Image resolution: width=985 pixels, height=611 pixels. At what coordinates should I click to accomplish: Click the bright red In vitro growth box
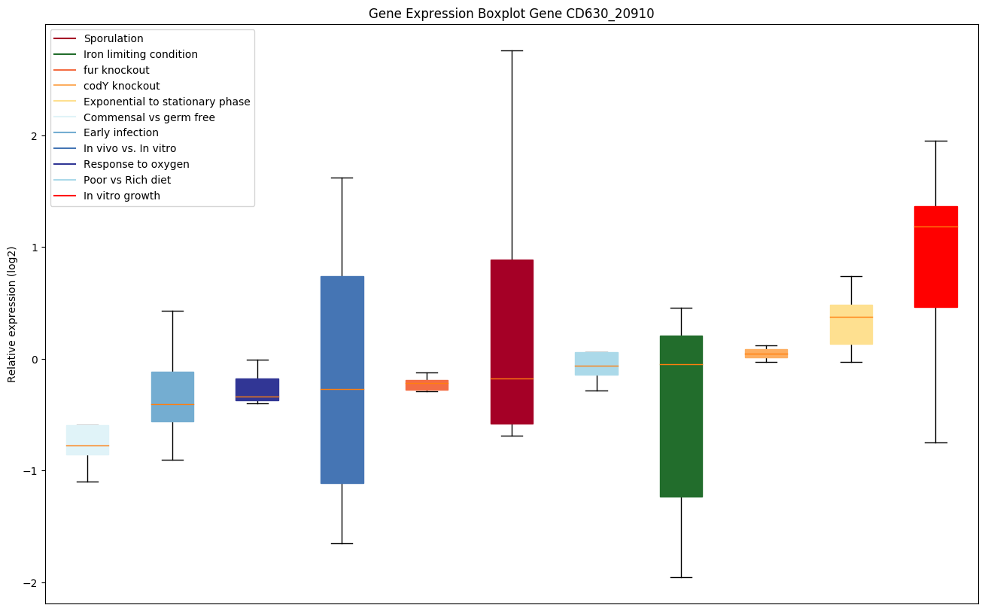[935, 257]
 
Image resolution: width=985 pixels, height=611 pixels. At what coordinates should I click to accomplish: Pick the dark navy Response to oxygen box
[257, 389]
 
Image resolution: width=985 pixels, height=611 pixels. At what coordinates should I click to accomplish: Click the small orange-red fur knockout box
[427, 385]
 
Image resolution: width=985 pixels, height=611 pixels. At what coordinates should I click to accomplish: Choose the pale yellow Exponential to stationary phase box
[850, 324]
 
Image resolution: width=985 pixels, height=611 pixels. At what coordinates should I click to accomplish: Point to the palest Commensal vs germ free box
[87, 439]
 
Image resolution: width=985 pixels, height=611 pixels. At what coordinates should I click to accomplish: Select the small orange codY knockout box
[766, 353]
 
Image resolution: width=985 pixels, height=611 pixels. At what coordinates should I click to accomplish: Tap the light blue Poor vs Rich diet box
[597, 363]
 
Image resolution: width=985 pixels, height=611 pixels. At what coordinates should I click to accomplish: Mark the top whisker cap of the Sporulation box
[512, 50]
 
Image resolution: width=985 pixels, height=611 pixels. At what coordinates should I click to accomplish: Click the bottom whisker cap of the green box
[681, 577]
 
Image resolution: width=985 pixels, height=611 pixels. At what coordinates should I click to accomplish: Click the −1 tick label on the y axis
[31, 470]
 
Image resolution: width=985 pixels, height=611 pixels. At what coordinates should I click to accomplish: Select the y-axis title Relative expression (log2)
[12, 314]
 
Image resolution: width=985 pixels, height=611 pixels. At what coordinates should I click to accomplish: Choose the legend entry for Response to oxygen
[136, 164]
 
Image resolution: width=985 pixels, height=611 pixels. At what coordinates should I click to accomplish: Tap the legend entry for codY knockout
[121, 86]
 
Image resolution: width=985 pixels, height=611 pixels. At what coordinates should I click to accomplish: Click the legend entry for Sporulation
[113, 38]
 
